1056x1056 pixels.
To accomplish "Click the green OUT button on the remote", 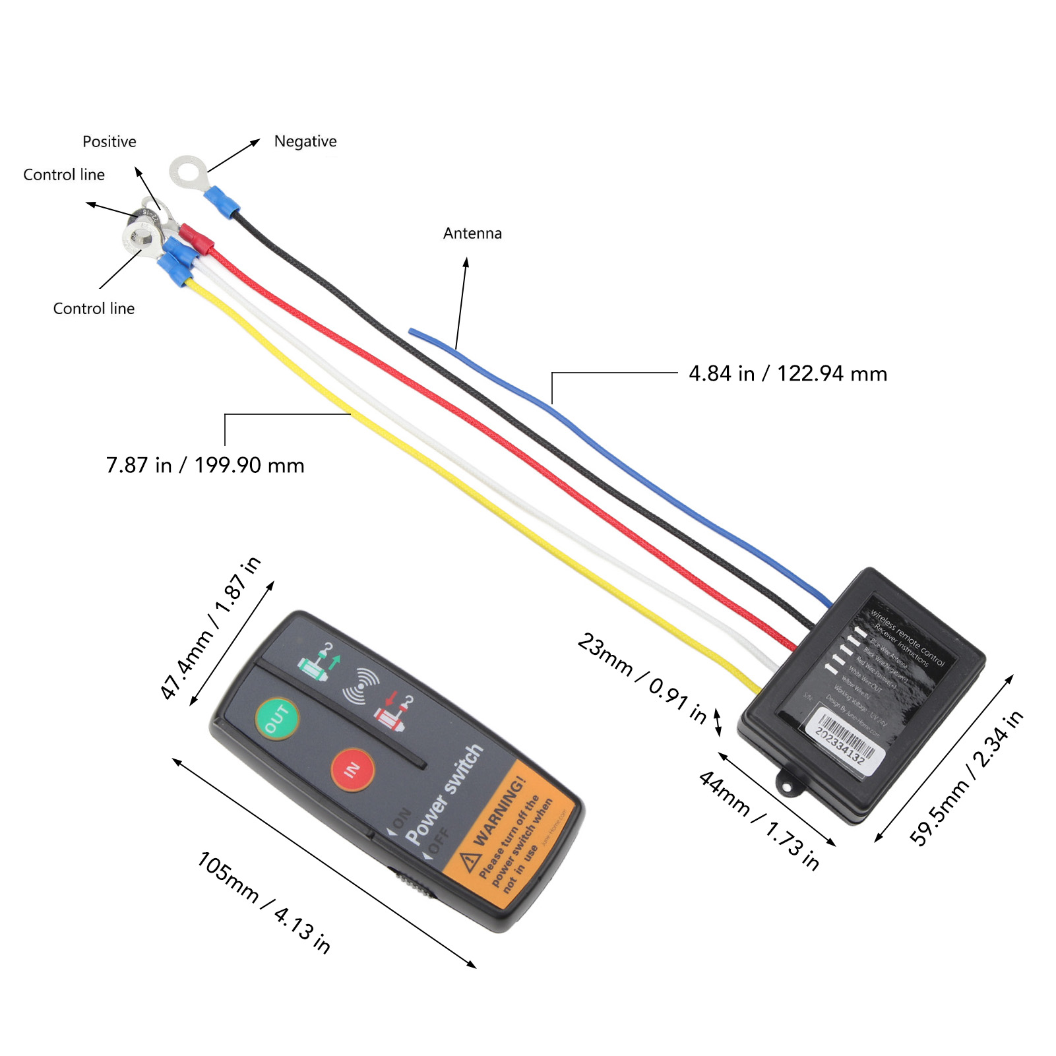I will (x=277, y=718).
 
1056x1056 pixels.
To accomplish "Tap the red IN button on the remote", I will (x=352, y=769).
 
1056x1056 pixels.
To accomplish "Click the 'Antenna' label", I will (x=472, y=233).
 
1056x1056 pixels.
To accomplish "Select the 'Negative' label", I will (x=305, y=141).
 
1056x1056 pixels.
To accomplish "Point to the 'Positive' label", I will (x=109, y=142).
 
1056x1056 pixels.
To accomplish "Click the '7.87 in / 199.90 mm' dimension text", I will (x=205, y=466).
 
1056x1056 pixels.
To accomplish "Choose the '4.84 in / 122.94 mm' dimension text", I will (x=788, y=374).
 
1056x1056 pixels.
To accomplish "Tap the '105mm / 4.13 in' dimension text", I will (x=264, y=902).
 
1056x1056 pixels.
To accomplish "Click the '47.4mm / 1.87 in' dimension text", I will (x=211, y=627).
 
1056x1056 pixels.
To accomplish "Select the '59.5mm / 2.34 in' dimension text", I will (x=966, y=778).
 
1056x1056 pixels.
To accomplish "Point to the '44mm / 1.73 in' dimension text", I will (x=759, y=820).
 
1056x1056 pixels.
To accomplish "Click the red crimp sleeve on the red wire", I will (x=197, y=239).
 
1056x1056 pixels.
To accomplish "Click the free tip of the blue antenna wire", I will (x=411, y=331).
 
